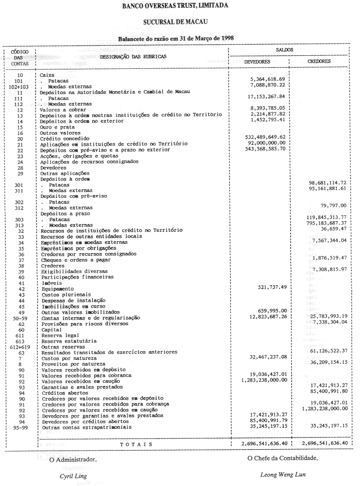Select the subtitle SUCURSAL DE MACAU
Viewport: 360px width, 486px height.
tap(180, 22)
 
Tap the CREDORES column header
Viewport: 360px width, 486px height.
tap(319, 62)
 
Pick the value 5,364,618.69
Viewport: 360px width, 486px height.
tap(267, 79)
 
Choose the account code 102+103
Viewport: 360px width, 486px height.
tap(20, 85)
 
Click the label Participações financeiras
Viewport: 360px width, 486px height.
tap(70, 277)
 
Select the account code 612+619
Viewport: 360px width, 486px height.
tap(20, 347)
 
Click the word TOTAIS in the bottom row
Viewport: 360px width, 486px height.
tap(136, 444)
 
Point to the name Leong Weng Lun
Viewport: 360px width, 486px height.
tap(283, 475)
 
